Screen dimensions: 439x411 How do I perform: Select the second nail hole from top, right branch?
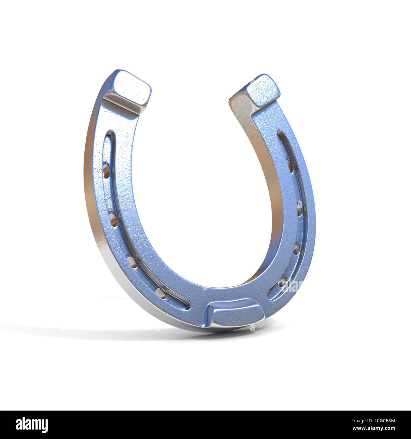pyautogui.click(x=298, y=208)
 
